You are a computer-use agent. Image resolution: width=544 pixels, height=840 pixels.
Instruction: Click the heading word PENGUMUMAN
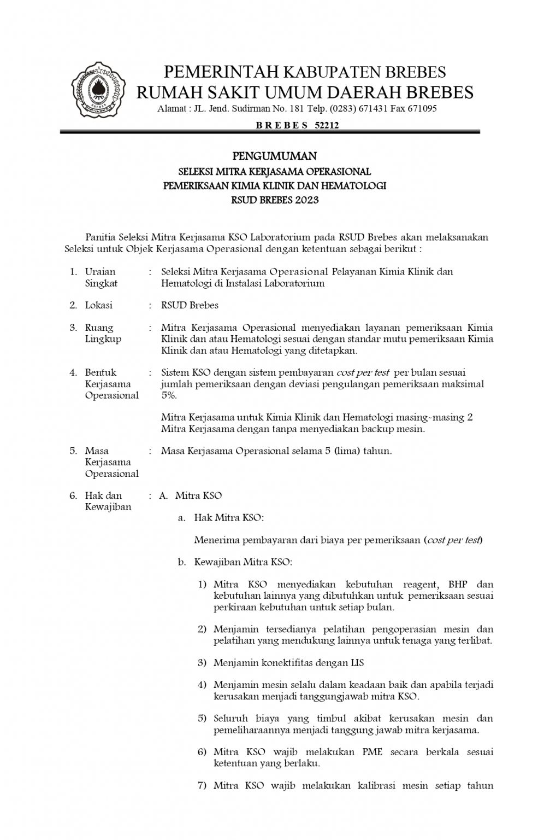coord(275,156)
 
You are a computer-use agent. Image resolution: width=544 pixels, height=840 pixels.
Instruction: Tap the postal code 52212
coord(327,125)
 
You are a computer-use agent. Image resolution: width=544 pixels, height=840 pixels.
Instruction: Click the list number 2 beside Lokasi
coord(73,305)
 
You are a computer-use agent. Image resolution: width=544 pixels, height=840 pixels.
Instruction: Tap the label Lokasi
coord(98,305)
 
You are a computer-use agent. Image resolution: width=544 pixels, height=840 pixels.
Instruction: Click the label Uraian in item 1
coord(100,271)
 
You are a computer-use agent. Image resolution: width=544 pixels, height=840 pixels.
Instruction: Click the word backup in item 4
coord(371,429)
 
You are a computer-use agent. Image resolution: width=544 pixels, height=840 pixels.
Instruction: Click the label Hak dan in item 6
coord(103,495)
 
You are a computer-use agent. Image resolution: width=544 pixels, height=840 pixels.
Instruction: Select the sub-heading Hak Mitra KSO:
coord(229,517)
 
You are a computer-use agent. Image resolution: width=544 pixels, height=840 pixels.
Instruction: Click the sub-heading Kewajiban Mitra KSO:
coord(243,562)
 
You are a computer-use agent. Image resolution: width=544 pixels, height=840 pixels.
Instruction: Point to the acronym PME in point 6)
coord(372,752)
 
